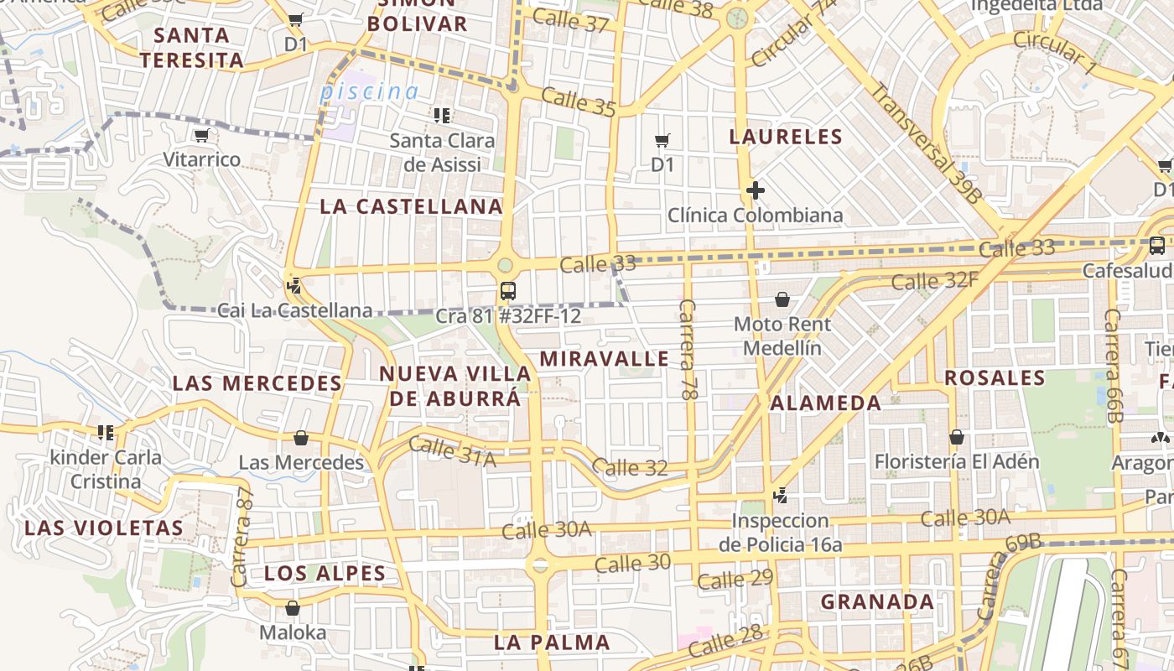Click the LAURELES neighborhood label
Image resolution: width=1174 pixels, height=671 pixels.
coord(786,137)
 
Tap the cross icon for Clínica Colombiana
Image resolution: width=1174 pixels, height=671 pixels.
coord(755,191)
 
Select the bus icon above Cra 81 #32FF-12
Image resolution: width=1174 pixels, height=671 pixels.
coord(507,291)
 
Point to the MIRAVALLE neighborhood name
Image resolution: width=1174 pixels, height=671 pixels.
coord(604,359)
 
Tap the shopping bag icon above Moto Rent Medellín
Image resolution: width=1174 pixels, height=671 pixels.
coord(782,299)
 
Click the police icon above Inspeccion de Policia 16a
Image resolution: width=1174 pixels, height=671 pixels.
coord(781,496)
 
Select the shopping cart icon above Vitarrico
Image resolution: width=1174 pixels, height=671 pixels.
coord(201,135)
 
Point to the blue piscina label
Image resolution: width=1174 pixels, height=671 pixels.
coord(369,91)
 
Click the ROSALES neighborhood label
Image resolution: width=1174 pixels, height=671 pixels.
coord(995,377)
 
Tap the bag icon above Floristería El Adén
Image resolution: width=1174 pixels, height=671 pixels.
coord(956,437)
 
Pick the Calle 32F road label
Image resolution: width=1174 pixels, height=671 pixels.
coord(934,280)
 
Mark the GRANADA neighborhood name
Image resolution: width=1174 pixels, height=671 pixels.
coord(877,601)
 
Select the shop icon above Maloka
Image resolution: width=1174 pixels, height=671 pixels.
coord(293,608)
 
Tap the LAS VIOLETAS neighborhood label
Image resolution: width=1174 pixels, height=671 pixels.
coord(104,528)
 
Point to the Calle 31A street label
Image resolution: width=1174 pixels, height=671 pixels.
coord(453,452)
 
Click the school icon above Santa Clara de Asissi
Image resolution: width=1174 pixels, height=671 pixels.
coord(442,115)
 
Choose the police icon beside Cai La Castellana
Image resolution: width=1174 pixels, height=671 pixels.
coord(293,285)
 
